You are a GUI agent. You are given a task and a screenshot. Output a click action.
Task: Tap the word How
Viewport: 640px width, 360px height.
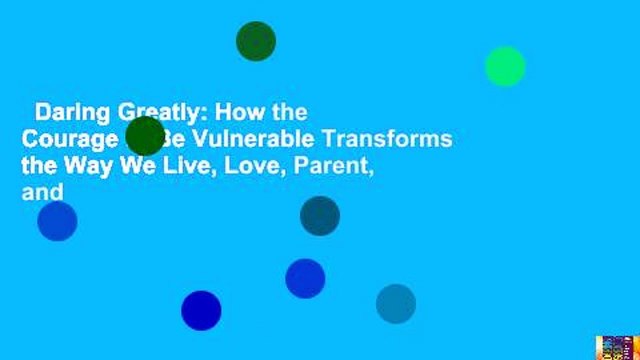[225, 112]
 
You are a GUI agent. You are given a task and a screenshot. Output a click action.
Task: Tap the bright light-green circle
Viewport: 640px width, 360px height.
[505, 66]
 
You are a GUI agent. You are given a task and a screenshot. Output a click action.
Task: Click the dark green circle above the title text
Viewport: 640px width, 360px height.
[256, 41]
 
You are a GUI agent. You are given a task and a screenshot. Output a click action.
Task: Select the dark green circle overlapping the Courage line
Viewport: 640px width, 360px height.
[145, 136]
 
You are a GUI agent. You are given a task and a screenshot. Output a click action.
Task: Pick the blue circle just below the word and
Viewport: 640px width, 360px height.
[57, 221]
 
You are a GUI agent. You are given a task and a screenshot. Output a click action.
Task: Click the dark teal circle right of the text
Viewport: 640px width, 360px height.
[320, 216]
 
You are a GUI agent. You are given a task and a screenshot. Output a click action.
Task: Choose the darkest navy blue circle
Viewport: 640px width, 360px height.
[201, 310]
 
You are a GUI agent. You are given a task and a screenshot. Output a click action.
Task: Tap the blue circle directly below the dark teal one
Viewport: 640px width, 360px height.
[305, 278]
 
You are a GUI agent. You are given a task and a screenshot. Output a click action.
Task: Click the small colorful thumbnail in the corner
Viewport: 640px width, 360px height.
[616, 347]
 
